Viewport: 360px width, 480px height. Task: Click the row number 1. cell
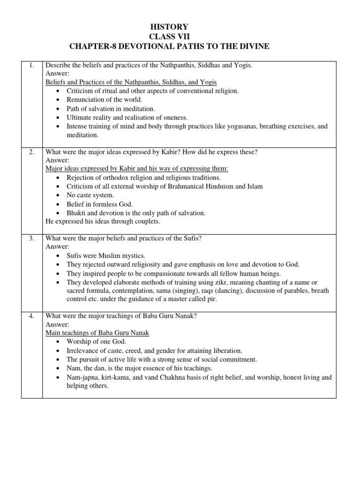32,66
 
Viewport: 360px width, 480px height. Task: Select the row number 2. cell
32,152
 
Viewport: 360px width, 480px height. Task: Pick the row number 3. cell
32,238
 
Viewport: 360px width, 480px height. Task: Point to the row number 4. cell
32,315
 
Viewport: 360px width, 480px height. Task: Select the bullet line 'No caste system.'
90,195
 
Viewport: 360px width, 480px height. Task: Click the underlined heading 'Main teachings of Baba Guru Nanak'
97,333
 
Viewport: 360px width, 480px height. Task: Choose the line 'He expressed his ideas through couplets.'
102,221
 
